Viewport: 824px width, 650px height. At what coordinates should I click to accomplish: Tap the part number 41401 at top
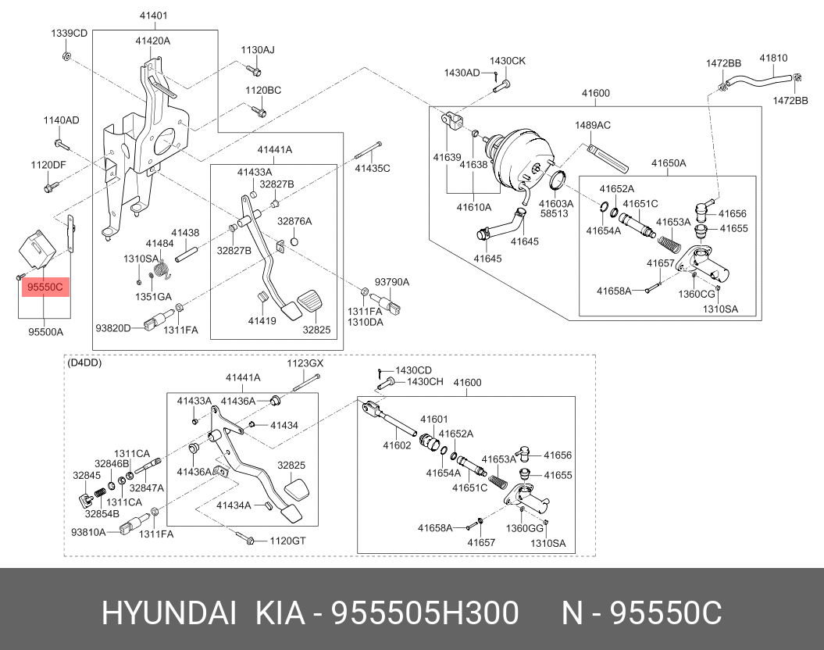tap(154, 16)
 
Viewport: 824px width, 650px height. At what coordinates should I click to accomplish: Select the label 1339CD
tap(69, 33)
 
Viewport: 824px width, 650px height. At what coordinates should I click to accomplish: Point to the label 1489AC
tap(593, 125)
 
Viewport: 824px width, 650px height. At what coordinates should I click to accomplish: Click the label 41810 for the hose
tap(773, 58)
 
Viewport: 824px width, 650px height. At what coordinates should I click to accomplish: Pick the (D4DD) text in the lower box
tap(84, 362)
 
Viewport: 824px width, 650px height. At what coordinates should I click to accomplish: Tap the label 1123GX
tap(304, 363)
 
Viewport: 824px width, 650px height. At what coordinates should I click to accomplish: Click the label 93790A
tap(391, 281)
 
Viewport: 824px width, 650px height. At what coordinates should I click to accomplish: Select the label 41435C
tap(372, 168)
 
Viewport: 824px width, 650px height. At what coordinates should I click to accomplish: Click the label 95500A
tap(45, 332)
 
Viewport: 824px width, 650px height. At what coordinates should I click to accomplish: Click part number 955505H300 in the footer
tap(426, 614)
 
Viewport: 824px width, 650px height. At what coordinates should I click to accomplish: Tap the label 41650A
tap(669, 163)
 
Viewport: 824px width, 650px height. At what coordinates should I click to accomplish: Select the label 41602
tap(396, 446)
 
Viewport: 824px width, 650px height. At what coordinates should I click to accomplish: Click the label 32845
tap(86, 474)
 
